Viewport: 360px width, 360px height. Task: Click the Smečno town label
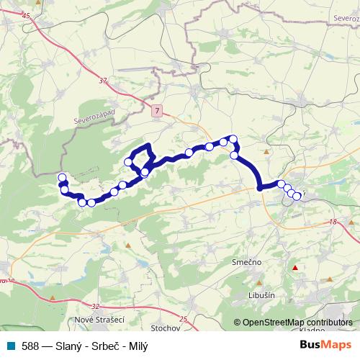point(247,264)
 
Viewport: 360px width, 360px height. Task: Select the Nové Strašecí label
point(99,319)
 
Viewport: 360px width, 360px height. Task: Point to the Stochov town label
point(166,328)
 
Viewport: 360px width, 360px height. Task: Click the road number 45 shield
point(27,16)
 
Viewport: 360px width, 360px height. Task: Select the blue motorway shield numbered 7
point(157,109)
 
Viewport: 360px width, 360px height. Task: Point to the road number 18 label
point(332,223)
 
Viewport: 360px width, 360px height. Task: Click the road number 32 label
point(96,305)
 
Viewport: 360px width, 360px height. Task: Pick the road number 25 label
point(183,319)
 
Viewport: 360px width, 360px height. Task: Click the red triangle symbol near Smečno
point(294,269)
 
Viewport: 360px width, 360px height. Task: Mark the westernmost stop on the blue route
point(62,178)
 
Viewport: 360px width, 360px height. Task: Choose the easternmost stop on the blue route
point(297,196)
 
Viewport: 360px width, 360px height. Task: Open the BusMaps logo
point(325,345)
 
